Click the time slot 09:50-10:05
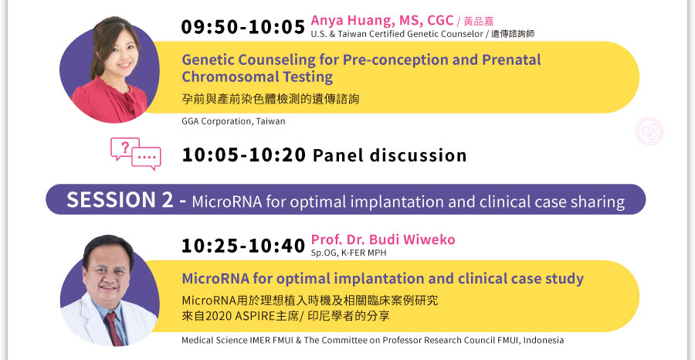243,27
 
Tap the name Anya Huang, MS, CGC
382,20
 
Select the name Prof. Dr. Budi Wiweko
383,239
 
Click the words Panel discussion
390,155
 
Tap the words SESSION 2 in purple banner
120,200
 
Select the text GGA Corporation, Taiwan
233,121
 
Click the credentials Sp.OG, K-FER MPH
348,253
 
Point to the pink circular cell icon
649,131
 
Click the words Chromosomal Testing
257,76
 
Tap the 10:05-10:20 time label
244,155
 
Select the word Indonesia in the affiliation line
544,341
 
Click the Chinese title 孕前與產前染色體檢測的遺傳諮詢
270,99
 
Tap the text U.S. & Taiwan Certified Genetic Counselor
397,34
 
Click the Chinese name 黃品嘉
478,22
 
